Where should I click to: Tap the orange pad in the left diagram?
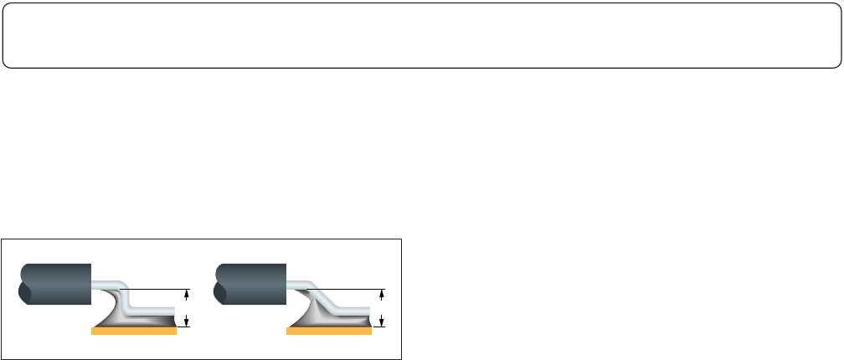(x=133, y=332)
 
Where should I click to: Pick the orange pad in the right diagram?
(x=328, y=332)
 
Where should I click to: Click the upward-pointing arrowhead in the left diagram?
(x=187, y=294)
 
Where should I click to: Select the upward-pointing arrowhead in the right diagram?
(x=382, y=294)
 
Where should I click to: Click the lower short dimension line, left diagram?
(x=183, y=327)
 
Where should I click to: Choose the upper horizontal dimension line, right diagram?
(x=352, y=289)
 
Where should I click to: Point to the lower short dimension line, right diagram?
(x=378, y=327)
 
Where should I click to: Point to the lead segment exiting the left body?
(x=104, y=283)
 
